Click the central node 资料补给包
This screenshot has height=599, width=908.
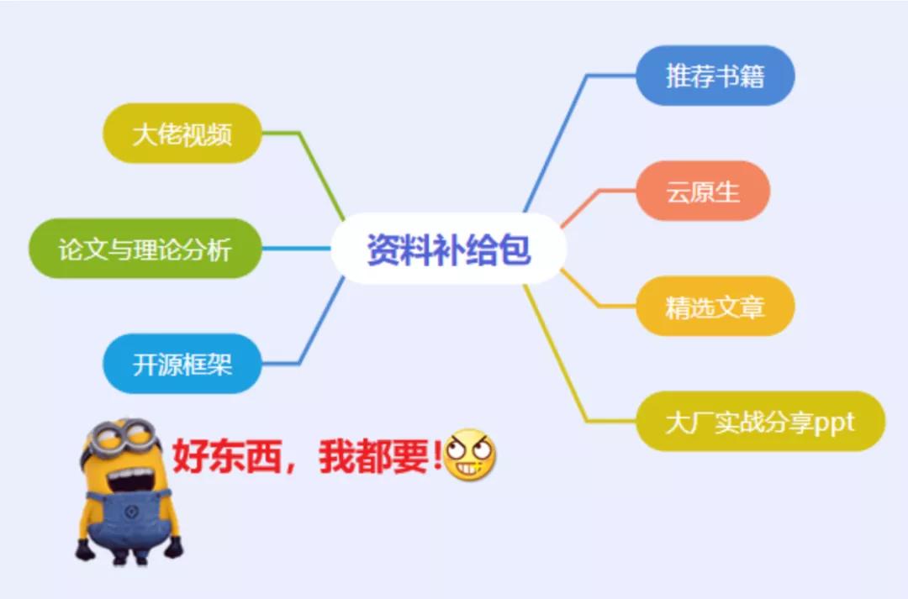tap(448, 250)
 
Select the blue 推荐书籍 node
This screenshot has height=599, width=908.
tap(715, 76)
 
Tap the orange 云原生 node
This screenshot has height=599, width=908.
tap(703, 192)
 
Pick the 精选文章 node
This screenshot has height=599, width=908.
tap(715, 307)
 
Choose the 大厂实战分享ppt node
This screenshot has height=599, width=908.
tap(759, 422)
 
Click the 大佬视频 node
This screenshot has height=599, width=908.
tap(182, 134)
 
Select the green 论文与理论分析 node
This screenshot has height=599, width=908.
tap(144, 249)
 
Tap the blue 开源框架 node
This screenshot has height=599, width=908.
tap(182, 364)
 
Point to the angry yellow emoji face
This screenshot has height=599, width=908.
tap(469, 455)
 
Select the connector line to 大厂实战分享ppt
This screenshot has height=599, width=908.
tap(555, 353)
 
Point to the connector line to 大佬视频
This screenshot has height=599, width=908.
tap(319, 172)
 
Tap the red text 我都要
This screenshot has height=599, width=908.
tap(374, 457)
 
